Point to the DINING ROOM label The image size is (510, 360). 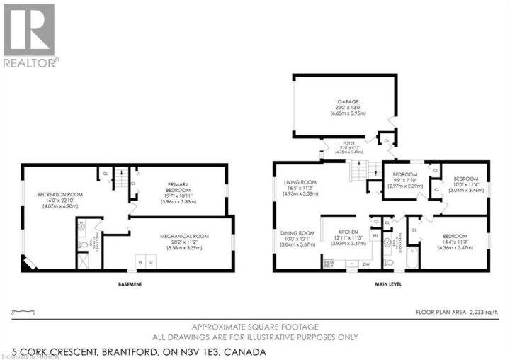coord(297,232)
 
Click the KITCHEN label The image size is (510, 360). coord(347,232)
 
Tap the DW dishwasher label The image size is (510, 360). coord(366,264)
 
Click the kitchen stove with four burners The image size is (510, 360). coord(328,264)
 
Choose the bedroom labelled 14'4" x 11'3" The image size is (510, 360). coord(455,236)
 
